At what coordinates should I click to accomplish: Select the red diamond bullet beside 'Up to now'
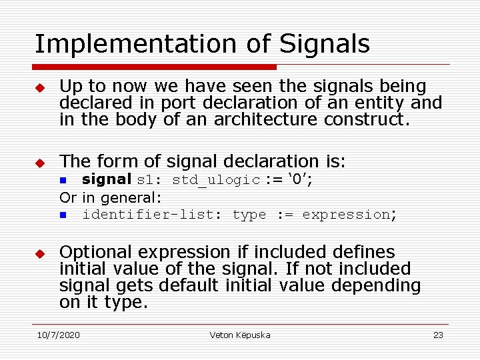point(40,88)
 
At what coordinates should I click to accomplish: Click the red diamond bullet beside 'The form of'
point(40,163)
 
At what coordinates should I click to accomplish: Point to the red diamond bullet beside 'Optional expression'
point(40,254)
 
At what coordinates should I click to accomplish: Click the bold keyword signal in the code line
point(107,179)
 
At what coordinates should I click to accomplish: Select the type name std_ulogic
point(216,180)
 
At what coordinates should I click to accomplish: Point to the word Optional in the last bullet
point(91,253)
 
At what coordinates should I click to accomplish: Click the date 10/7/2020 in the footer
point(57,335)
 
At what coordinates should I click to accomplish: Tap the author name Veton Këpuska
point(240,335)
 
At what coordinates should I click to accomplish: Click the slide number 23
point(438,335)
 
